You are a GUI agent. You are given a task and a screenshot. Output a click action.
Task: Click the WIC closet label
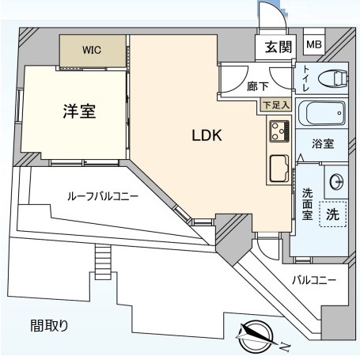tap(92, 50)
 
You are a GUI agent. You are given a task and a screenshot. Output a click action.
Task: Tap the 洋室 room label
tap(79, 112)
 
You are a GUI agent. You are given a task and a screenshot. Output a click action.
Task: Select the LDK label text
tap(207, 135)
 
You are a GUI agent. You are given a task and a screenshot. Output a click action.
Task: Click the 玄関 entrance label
tap(279, 47)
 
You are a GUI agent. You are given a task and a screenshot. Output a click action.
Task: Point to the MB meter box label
tap(314, 44)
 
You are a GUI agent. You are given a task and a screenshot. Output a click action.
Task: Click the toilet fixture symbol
tap(332, 78)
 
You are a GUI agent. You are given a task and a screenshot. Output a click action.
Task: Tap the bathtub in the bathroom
tap(322, 113)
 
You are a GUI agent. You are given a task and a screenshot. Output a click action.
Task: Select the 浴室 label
tap(323, 144)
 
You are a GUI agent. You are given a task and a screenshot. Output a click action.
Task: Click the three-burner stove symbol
tap(279, 131)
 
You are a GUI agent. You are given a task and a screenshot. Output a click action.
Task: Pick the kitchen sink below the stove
tap(279, 169)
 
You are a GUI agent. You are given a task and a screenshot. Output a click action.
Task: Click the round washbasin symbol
tap(337, 182)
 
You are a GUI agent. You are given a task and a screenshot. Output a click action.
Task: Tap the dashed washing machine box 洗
tap(332, 214)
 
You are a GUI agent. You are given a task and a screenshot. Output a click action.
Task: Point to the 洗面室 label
tap(308, 204)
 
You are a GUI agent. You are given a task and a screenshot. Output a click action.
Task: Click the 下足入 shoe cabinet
tap(276, 105)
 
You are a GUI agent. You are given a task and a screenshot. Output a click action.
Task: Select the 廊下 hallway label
tap(258, 86)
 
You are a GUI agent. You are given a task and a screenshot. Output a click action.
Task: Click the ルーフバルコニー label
tap(103, 196)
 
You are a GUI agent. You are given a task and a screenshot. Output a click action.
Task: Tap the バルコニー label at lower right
tap(314, 280)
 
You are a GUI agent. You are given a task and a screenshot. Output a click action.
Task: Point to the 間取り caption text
tap(49, 325)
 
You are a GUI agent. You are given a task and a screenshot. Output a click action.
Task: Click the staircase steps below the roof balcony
tap(103, 262)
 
